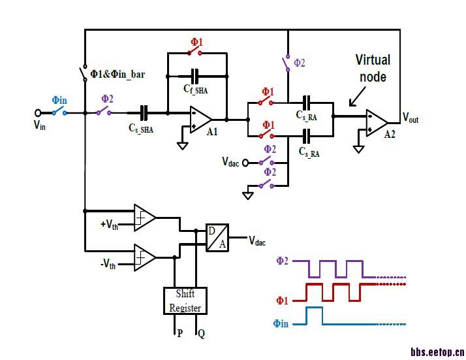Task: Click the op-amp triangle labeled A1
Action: (200, 120)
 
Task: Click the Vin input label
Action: (40, 125)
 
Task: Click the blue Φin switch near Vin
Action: (61, 112)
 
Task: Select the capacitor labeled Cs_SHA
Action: (144, 112)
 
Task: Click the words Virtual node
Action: (373, 68)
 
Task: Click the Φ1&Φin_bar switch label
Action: (117, 74)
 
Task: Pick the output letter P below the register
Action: (179, 333)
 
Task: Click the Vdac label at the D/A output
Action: (257, 241)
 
